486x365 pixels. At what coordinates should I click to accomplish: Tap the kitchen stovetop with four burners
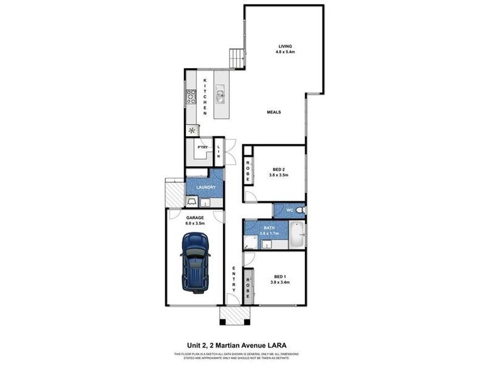pyautogui.click(x=190, y=96)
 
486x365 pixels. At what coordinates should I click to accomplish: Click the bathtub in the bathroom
pyautogui.click(x=296, y=235)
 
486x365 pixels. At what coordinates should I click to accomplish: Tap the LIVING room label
pyautogui.click(x=286, y=46)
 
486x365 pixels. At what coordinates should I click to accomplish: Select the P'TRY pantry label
pyautogui.click(x=202, y=148)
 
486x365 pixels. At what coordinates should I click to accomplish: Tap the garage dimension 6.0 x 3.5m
pyautogui.click(x=196, y=223)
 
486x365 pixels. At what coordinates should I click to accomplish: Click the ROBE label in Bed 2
pyautogui.click(x=248, y=170)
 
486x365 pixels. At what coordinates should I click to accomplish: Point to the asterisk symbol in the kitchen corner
pyautogui.click(x=193, y=130)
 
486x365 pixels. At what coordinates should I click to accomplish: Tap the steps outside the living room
pyautogui.click(x=236, y=59)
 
